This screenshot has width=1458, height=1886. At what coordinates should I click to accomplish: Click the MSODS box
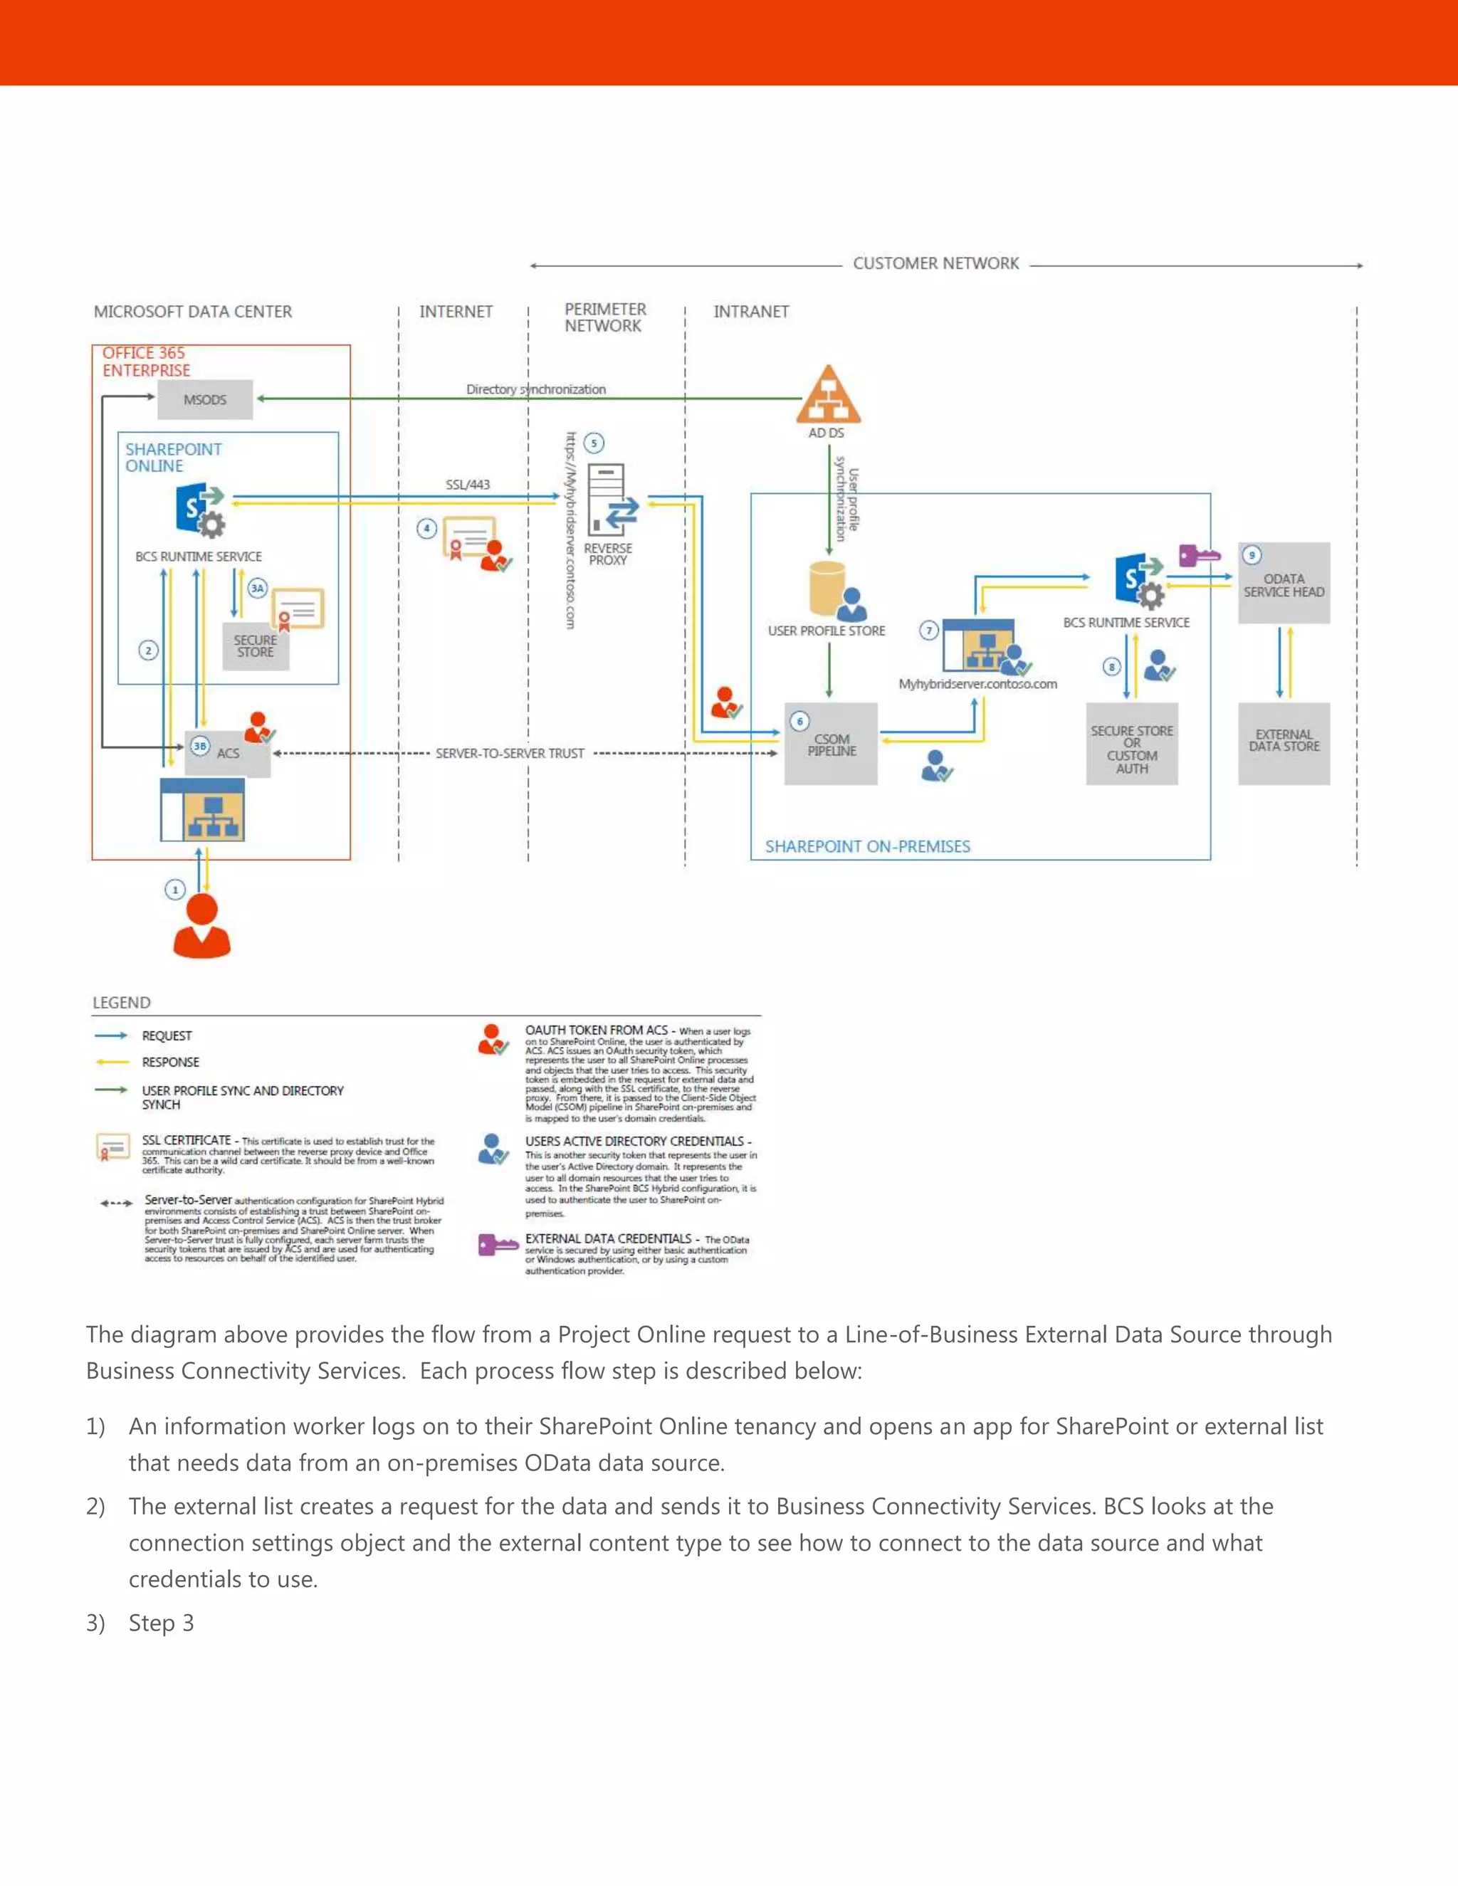[x=205, y=400]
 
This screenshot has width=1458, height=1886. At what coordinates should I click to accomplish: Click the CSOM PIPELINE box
[x=831, y=744]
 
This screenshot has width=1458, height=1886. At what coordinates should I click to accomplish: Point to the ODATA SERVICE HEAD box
[x=1284, y=584]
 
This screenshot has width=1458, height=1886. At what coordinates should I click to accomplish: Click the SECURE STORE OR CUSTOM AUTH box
[x=1131, y=745]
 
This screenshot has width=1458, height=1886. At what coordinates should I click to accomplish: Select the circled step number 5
[x=594, y=443]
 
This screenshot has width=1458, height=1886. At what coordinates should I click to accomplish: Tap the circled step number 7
[x=928, y=631]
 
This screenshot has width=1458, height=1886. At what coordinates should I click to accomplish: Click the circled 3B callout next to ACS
[x=199, y=746]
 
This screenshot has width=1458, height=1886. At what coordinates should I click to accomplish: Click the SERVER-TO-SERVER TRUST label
[x=510, y=753]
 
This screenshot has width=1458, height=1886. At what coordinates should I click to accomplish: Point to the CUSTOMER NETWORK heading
[x=935, y=263]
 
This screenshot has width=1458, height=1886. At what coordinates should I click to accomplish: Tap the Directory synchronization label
[x=535, y=389]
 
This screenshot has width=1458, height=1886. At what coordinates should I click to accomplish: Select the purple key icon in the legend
[x=497, y=1244]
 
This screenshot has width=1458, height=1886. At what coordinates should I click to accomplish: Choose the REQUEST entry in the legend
[x=167, y=1036]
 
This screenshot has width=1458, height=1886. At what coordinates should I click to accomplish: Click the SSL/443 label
[x=467, y=485]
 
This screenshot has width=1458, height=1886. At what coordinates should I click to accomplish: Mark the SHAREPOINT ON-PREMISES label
[x=867, y=846]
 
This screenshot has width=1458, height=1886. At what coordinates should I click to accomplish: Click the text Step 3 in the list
[x=162, y=1623]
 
